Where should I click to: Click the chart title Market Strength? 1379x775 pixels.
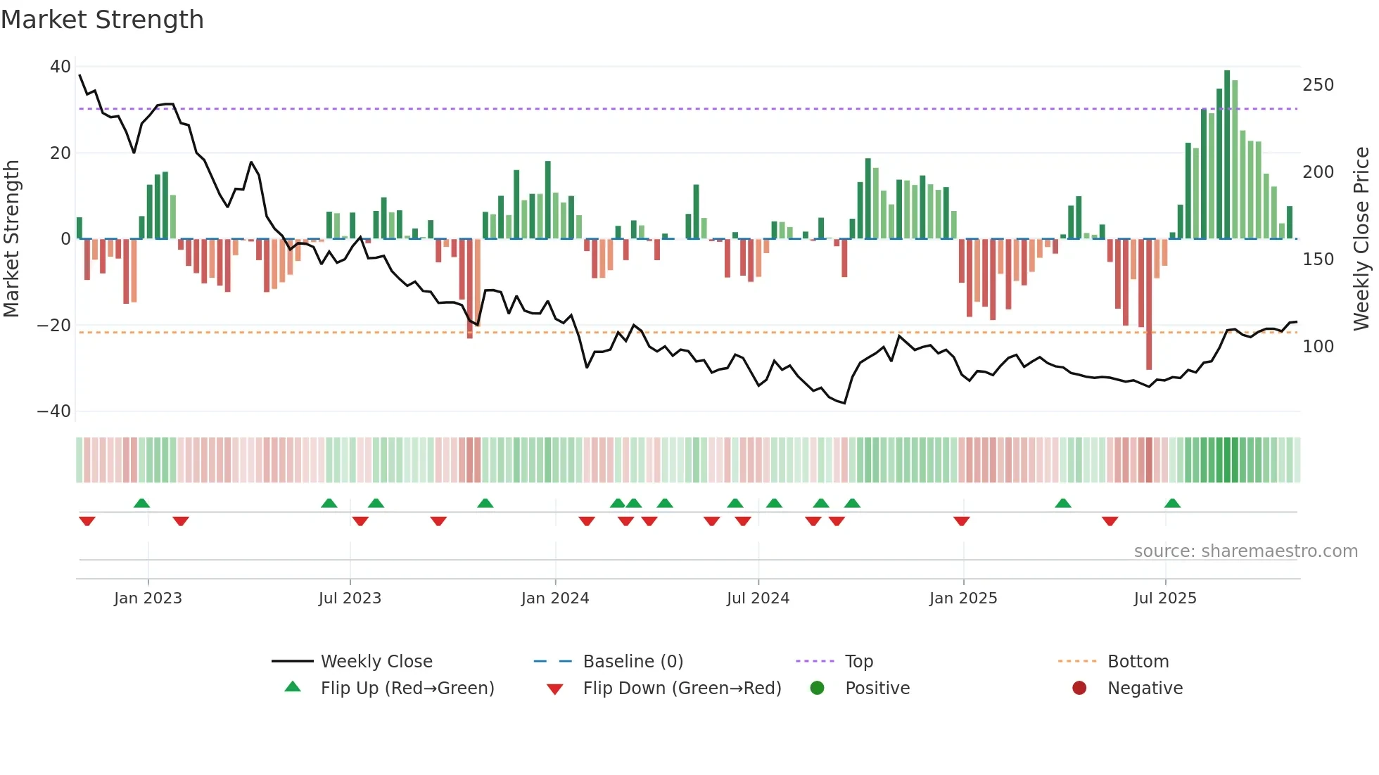coord(102,20)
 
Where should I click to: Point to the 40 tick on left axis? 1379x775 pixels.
coord(61,67)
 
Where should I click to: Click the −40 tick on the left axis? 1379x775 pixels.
coord(54,411)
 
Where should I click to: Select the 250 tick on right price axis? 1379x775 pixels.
coord(1318,85)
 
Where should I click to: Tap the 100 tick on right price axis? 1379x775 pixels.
coord(1318,347)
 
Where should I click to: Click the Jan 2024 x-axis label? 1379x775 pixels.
coord(554,598)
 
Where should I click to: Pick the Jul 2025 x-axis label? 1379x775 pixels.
coord(1164,598)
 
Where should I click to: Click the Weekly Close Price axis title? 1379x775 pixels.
coord(1361,239)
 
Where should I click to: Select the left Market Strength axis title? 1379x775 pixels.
coord(12,239)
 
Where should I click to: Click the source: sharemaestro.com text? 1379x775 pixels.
coord(1245,551)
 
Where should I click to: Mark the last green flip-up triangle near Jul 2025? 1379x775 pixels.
coord(1172,503)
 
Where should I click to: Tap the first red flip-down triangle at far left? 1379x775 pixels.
coord(87,521)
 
